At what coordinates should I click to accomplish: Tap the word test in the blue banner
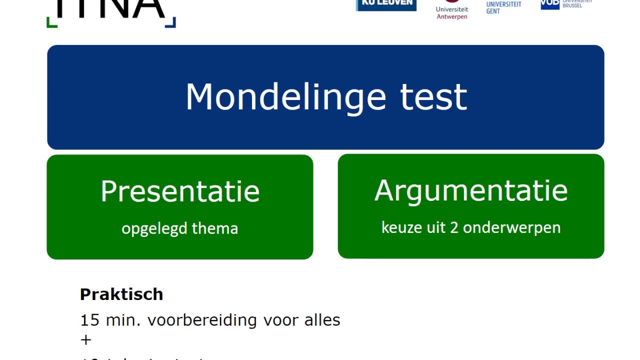(x=433, y=97)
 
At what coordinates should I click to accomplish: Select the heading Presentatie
(x=180, y=191)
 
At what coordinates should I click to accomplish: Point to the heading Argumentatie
(x=471, y=190)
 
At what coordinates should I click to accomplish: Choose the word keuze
(x=400, y=227)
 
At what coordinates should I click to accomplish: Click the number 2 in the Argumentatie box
(x=454, y=227)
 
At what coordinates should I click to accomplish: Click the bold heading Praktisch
(x=121, y=294)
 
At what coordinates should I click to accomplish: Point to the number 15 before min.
(x=90, y=320)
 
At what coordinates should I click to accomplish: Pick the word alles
(x=322, y=320)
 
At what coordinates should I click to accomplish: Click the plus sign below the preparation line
(x=85, y=340)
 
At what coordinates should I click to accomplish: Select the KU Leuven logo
(x=386, y=4)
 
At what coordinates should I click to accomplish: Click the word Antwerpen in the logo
(x=452, y=16)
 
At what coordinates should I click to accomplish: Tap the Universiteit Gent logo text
(x=503, y=7)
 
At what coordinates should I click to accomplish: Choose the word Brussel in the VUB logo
(x=572, y=5)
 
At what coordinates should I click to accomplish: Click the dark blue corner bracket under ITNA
(x=171, y=22)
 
